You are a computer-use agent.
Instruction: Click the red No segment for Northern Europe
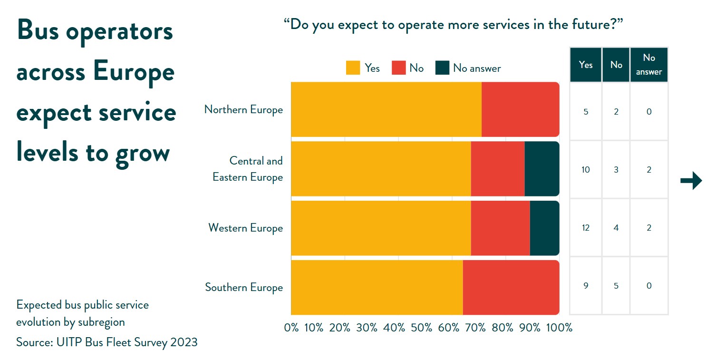[520, 109]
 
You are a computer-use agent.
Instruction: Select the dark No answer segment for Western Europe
[544, 228]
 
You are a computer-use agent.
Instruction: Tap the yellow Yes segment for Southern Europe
[377, 287]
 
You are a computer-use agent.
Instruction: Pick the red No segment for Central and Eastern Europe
[498, 169]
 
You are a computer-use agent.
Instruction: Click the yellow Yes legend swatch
[353, 68]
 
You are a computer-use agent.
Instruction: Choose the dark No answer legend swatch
[442, 68]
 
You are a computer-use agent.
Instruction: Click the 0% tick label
[291, 328]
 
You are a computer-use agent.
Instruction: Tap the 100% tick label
[559, 328]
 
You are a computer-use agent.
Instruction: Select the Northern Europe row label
[243, 109]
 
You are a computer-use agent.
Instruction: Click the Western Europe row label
[245, 228]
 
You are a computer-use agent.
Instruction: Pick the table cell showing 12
[585, 228]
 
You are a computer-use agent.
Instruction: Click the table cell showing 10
[585, 170]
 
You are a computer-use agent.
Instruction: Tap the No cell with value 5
[616, 286]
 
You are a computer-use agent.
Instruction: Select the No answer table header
[649, 65]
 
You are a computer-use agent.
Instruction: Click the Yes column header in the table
[586, 65]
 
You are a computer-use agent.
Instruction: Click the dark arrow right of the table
[691, 181]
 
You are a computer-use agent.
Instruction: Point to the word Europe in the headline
[134, 72]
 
